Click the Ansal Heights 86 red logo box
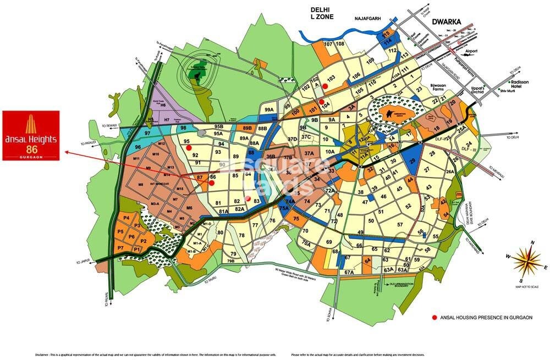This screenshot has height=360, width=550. coord(31,135)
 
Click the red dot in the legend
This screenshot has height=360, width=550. coord(434,318)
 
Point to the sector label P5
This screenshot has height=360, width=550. coord(120,232)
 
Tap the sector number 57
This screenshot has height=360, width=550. coord(400,225)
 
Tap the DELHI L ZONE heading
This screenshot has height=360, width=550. coord(323,14)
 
